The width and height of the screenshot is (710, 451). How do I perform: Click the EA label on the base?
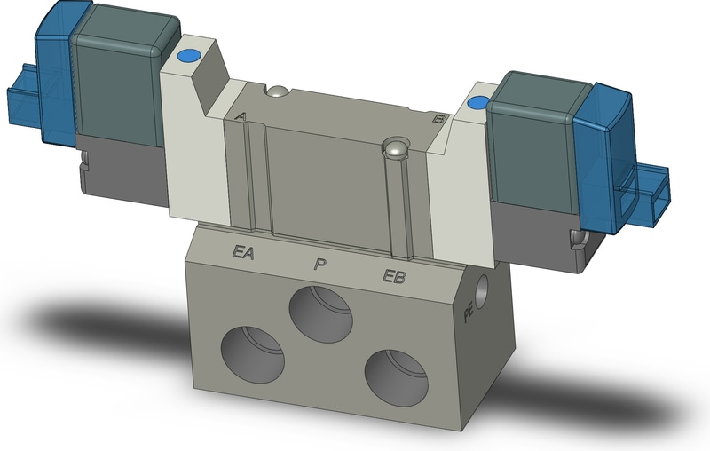click(x=243, y=252)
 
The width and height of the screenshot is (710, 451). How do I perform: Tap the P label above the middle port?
click(x=320, y=264)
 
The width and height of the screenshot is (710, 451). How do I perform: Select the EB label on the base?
click(x=394, y=276)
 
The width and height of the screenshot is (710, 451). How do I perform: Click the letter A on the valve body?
click(x=241, y=116)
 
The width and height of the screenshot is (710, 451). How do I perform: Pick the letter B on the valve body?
click(x=438, y=119)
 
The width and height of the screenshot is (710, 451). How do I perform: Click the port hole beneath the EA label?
click(x=252, y=354)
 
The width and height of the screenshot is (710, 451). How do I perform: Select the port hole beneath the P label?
click(x=321, y=314)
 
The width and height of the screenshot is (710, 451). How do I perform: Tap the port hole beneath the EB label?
click(x=396, y=378)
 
